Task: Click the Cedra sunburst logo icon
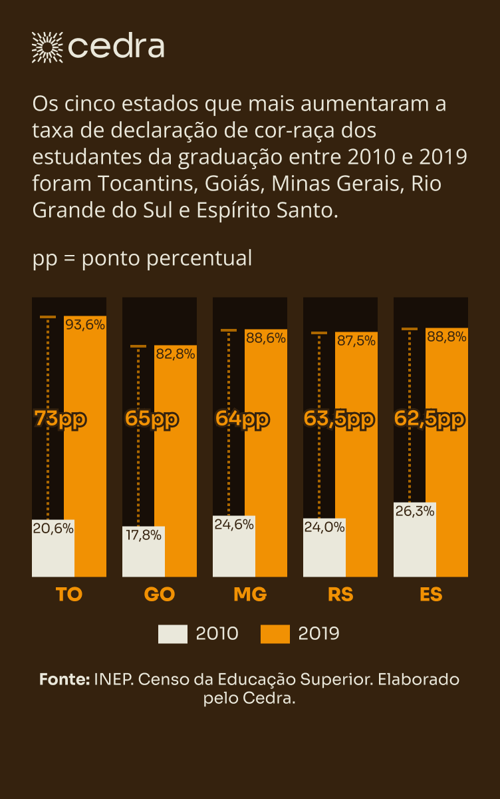[47, 47]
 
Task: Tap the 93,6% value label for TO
[85, 325]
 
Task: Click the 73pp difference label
[61, 419]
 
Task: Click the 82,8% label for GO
[175, 354]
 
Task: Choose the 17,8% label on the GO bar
[142, 535]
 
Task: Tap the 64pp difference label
[242, 419]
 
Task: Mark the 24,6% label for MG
[234, 524]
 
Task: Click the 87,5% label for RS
[356, 340]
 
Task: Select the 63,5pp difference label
[339, 419]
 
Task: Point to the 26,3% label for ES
[414, 511]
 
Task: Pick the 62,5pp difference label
[430, 419]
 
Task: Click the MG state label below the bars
[250, 595]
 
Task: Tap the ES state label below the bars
[431, 595]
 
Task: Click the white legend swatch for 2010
[172, 634]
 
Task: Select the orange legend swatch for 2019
[275, 634]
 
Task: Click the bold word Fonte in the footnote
[64, 680]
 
